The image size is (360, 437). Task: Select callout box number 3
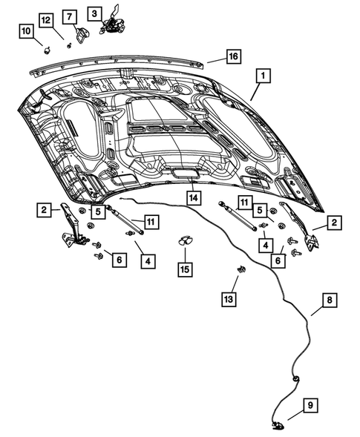[x=94, y=13]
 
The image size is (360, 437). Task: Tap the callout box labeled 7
[x=68, y=16]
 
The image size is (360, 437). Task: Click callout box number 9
[x=311, y=405]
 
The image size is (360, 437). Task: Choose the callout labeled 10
[x=26, y=31]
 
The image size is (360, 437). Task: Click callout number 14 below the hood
[x=193, y=198]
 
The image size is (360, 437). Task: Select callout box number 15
[x=184, y=268]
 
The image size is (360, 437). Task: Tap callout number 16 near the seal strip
[x=233, y=57]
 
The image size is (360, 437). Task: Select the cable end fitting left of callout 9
[x=279, y=425]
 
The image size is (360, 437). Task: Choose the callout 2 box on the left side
[x=45, y=211]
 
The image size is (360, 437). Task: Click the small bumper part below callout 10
[x=47, y=50]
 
